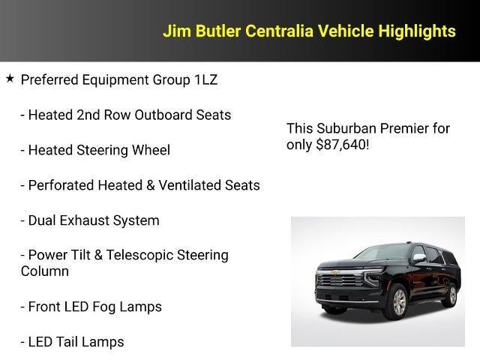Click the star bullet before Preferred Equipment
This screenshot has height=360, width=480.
(10, 78)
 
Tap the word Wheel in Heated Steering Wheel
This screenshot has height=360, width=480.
(151, 150)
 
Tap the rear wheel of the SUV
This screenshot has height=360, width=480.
(451, 295)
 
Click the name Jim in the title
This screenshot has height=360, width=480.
(178, 31)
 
